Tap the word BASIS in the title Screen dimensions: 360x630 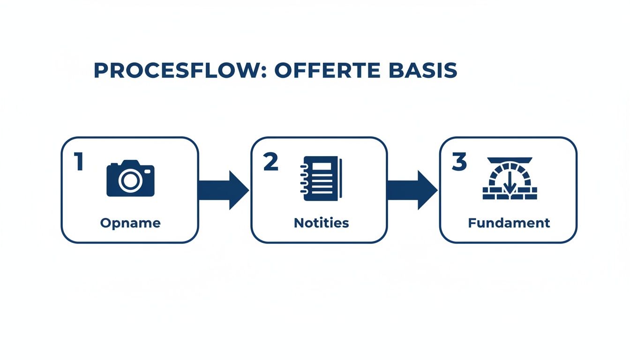click(423, 70)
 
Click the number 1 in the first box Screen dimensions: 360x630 click(78, 162)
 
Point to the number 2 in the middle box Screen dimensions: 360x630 click(270, 162)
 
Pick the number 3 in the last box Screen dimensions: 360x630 click(459, 162)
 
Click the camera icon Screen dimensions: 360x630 click(130, 179)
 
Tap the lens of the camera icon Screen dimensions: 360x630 click(130, 180)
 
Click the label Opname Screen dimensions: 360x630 click(130, 223)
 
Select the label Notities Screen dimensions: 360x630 click(322, 223)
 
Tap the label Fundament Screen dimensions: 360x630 click(509, 223)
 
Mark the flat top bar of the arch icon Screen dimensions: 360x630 click(510, 160)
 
